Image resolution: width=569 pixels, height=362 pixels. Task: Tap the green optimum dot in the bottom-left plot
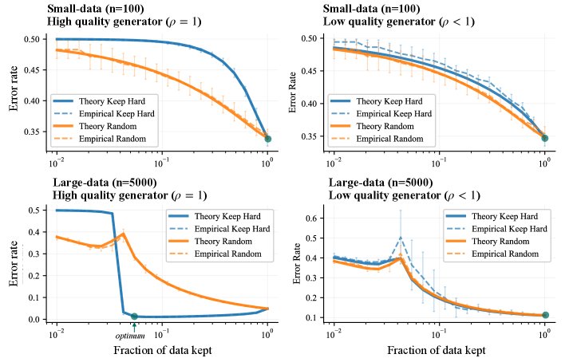[x=134, y=317]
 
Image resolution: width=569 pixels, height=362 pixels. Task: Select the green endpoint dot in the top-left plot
[x=267, y=139]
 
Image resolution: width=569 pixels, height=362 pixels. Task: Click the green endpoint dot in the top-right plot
[x=544, y=138]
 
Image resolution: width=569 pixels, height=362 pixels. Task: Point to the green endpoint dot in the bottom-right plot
[x=545, y=315]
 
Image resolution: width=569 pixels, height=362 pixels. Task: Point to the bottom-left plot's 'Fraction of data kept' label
[x=162, y=351]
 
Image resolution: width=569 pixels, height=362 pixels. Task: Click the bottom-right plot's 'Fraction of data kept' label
[x=438, y=351]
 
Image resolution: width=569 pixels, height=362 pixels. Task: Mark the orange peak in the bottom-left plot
[x=124, y=234]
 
